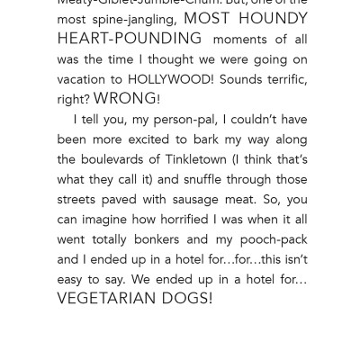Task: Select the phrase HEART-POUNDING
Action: [x=130, y=39]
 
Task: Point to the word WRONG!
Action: [x=127, y=99]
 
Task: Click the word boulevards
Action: [x=98, y=159]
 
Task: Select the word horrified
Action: [x=203, y=220]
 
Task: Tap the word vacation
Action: [x=85, y=79]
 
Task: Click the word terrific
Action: [x=281, y=79]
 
